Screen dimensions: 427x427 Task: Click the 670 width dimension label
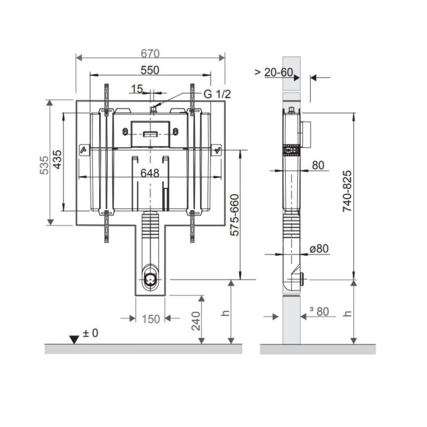[x=150, y=54]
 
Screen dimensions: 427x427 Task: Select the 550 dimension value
[x=150, y=70]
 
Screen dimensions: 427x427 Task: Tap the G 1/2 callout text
[x=217, y=94]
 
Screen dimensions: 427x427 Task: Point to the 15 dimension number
[x=137, y=89]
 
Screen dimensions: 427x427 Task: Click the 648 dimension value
[x=150, y=173]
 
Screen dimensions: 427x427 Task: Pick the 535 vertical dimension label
[x=44, y=165]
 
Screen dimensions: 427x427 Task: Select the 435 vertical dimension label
[x=57, y=159]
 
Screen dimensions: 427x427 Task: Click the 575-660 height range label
[x=234, y=215]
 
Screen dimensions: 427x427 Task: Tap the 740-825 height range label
[x=347, y=191]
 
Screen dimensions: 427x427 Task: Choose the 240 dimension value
[x=196, y=321]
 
